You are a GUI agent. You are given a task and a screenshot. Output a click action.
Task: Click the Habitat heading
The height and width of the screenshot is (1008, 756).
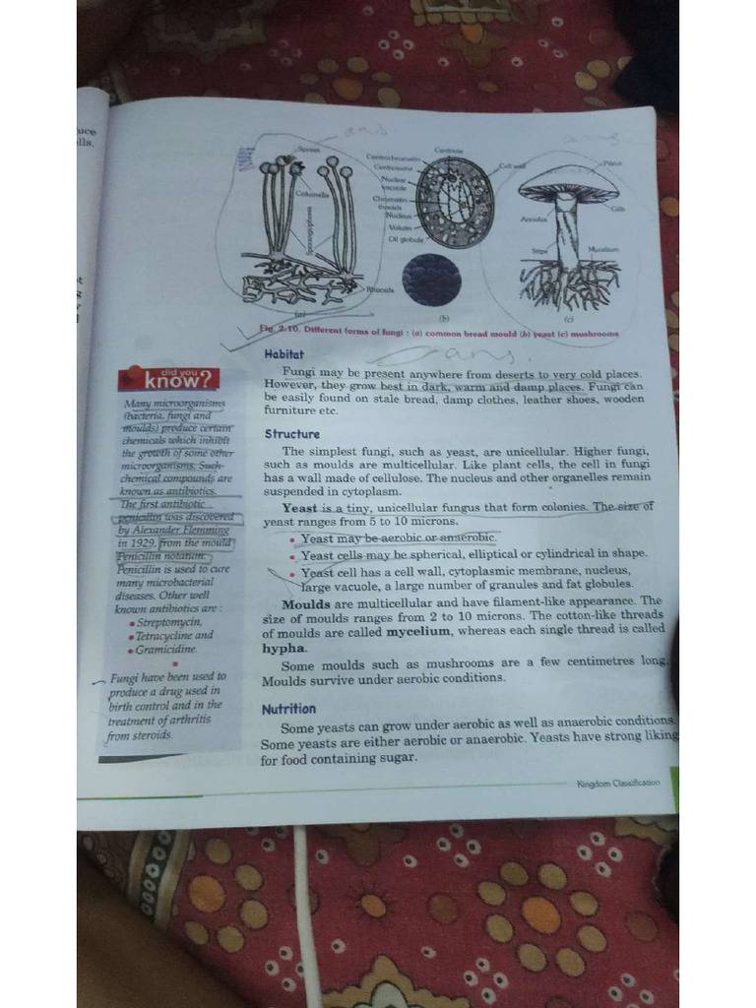pos(284,353)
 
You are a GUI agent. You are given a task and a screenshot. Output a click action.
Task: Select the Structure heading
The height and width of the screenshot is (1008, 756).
pos(291,434)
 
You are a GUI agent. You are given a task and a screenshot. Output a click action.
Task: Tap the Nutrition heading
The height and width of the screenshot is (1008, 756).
pos(288,709)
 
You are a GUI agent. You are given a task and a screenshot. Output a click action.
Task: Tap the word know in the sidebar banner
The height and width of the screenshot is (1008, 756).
pos(172,381)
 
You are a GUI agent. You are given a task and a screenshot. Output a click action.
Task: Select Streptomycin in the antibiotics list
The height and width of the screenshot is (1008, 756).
pos(169,622)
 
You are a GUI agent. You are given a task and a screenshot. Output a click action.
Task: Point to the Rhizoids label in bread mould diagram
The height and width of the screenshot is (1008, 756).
pos(380,289)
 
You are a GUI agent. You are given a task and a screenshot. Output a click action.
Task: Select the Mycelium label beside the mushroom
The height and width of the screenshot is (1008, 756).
pos(601,250)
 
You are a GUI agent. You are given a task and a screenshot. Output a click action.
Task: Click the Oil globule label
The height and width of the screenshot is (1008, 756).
pos(405,238)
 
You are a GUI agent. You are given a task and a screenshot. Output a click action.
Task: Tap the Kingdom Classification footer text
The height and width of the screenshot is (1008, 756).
pos(617,784)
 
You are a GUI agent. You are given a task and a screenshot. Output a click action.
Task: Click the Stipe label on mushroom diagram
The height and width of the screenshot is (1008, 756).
pos(539,251)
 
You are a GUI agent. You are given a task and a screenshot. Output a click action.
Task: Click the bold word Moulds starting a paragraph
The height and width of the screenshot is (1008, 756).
pos(306,602)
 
